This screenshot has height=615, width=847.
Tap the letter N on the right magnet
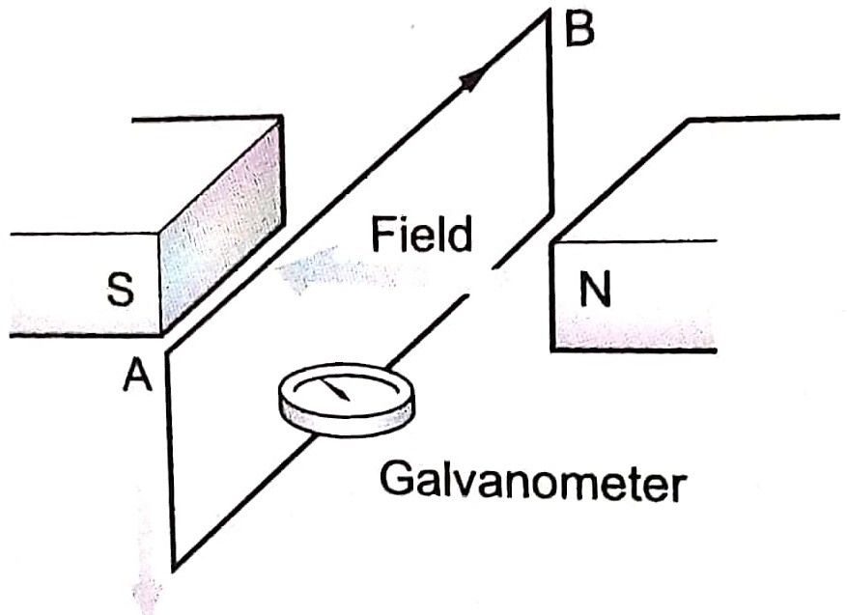[597, 291]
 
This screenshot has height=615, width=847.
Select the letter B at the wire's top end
[577, 30]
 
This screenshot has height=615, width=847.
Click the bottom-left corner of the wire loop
[175, 565]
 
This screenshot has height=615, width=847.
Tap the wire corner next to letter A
[170, 351]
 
